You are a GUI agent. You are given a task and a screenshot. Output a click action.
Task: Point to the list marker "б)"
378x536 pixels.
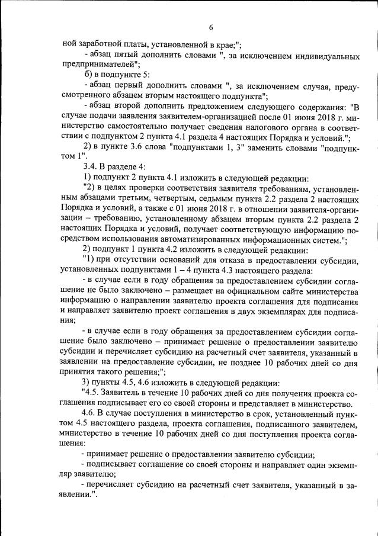87,75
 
